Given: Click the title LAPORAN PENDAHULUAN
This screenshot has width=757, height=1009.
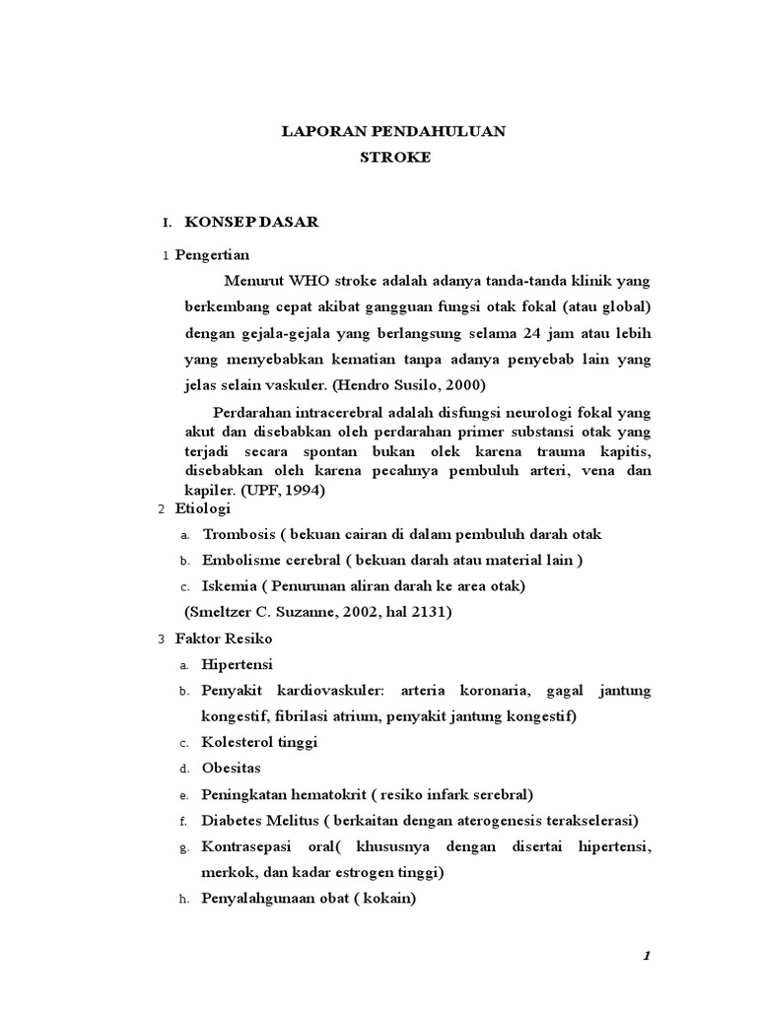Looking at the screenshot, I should coord(393,131).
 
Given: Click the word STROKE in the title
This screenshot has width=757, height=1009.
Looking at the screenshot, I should coord(393,157).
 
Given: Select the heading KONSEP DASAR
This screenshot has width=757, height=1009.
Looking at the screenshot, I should coord(251,223).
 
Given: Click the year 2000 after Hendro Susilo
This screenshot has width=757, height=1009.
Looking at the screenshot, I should coord(466,384).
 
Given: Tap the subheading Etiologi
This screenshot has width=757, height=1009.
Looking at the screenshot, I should coord(202,508).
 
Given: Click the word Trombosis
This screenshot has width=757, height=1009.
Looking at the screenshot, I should coord(238,534).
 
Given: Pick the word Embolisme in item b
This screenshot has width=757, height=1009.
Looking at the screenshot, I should coord(240,560).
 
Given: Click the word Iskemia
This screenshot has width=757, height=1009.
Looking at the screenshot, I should coord(230,585).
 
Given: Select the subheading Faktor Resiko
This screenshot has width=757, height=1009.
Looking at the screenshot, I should coord(224,639).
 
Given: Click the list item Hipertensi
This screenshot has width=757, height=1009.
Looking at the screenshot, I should coord(238,664).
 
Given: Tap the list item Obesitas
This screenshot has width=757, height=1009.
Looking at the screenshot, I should coord(232,768).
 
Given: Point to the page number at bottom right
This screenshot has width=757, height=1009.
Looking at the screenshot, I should coord(647,956).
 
